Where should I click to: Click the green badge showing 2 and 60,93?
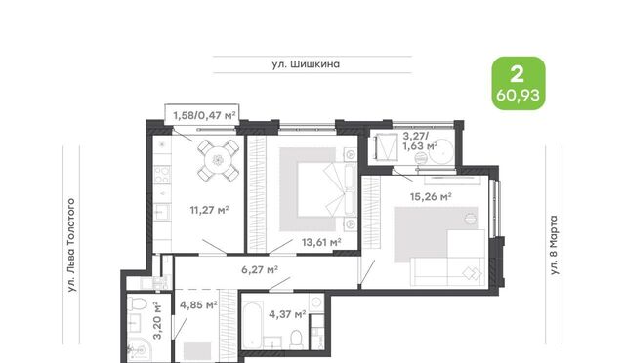tap(519, 83)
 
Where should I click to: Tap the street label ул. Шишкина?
tap(306, 64)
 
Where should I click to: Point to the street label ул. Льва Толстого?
tap(71, 245)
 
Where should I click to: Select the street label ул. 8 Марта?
tap(554, 245)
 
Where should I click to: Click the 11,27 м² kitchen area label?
tap(209, 210)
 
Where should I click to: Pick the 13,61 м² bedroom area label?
tap(321, 242)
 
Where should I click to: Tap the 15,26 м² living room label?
tap(431, 196)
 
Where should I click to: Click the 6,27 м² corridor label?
tap(260, 269)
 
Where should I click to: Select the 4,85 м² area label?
tap(198, 305)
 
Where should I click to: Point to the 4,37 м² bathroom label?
tap(287, 314)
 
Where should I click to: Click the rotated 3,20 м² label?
tap(158, 320)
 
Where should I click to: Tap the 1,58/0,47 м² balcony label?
tap(204, 115)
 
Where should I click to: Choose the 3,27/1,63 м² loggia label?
tap(420, 141)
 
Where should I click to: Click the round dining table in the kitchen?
tap(218, 160)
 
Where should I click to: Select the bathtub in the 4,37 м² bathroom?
tap(252, 325)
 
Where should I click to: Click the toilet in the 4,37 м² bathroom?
tap(296, 339)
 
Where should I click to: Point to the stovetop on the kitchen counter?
tap(162, 175)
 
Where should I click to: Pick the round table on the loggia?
tap(440, 151)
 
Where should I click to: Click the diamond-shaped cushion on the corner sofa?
tap(472, 273)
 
